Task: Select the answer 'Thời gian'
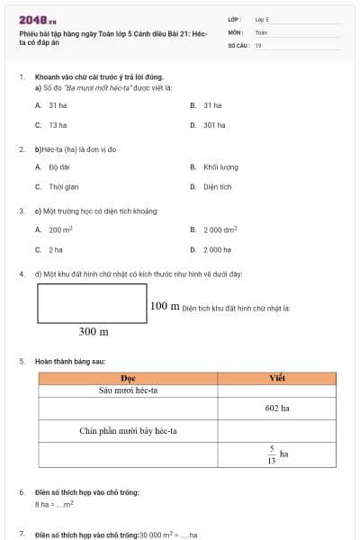click(63, 187)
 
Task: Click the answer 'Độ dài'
click(59, 166)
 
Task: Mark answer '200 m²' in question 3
click(60, 229)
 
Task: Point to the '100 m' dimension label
click(164, 306)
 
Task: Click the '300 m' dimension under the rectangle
click(94, 331)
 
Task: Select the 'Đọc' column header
click(128, 378)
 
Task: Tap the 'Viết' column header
click(277, 378)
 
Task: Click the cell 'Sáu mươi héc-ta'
click(128, 391)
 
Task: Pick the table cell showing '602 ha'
click(277, 408)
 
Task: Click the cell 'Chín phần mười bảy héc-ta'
click(128, 431)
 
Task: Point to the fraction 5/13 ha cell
click(277, 454)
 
